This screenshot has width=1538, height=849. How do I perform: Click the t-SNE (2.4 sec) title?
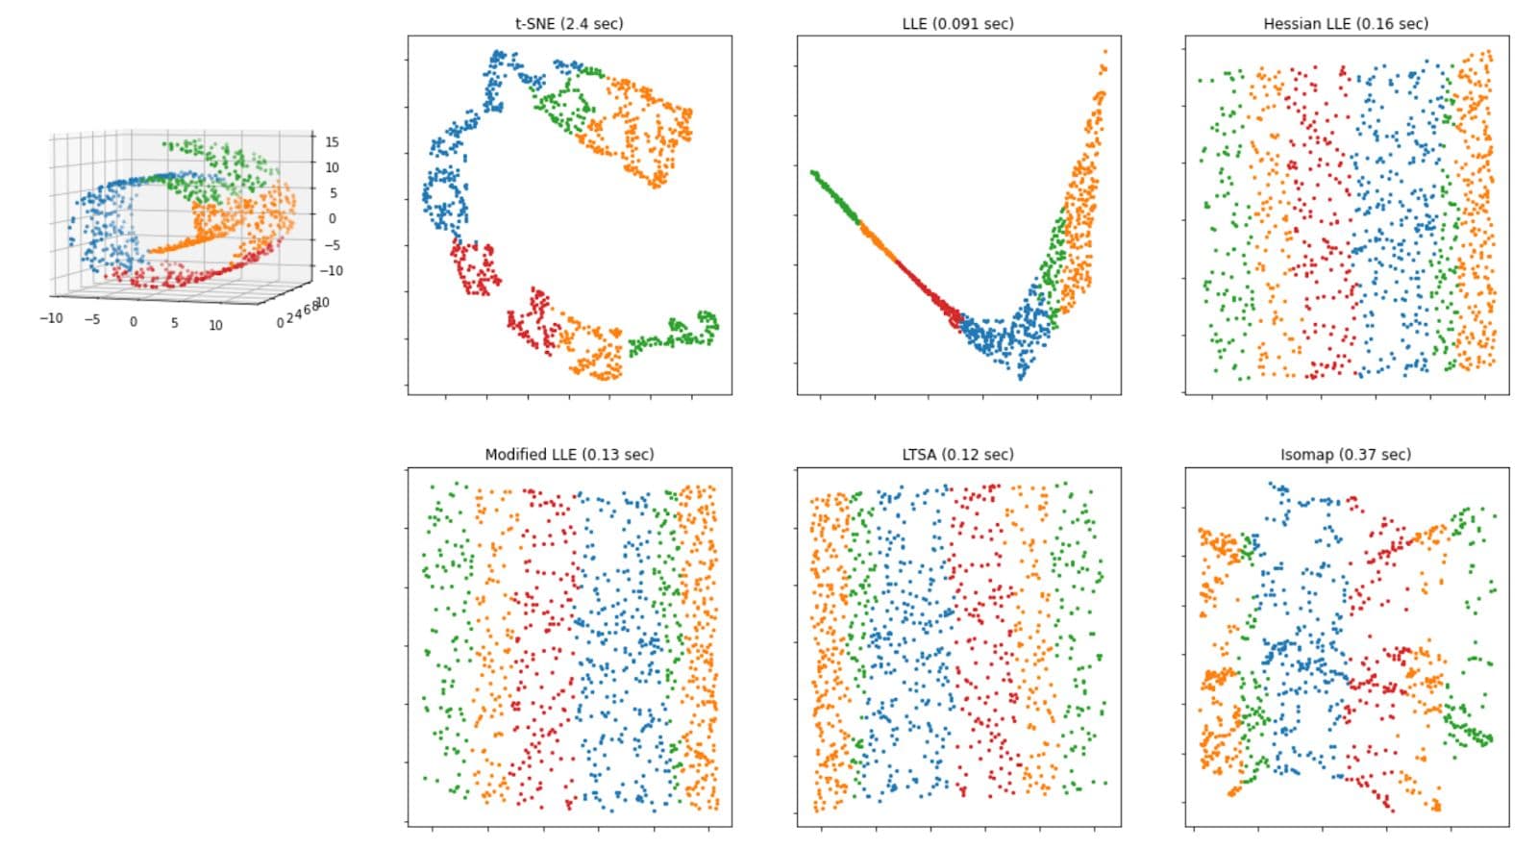pyautogui.click(x=569, y=23)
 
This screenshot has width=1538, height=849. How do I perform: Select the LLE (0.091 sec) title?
pyautogui.click(x=957, y=23)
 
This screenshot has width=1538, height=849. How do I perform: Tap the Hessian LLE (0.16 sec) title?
pyautogui.click(x=1346, y=23)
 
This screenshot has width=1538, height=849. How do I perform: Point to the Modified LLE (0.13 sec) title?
pyautogui.click(x=569, y=454)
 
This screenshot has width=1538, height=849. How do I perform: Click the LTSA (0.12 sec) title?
pyautogui.click(x=957, y=454)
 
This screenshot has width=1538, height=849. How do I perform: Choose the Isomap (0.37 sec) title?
pyautogui.click(x=1346, y=454)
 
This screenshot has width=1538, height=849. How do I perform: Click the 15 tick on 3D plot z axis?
pyautogui.click(x=332, y=142)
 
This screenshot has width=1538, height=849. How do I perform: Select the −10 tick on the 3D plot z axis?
pyautogui.click(x=331, y=270)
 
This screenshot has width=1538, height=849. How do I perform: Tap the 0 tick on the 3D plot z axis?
pyautogui.click(x=332, y=218)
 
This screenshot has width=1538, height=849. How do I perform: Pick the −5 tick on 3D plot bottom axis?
pyautogui.click(x=91, y=319)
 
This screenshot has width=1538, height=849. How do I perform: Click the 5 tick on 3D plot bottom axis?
pyautogui.click(x=174, y=323)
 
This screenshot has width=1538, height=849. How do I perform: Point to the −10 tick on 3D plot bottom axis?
pyautogui.click(x=50, y=317)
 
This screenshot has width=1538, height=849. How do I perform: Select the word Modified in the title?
pyautogui.click(x=515, y=454)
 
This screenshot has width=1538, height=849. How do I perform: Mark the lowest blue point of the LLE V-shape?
pyautogui.click(x=1021, y=378)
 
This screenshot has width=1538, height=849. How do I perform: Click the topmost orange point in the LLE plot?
pyautogui.click(x=1105, y=51)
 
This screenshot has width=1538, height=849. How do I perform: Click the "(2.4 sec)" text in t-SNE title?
pyautogui.click(x=592, y=23)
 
